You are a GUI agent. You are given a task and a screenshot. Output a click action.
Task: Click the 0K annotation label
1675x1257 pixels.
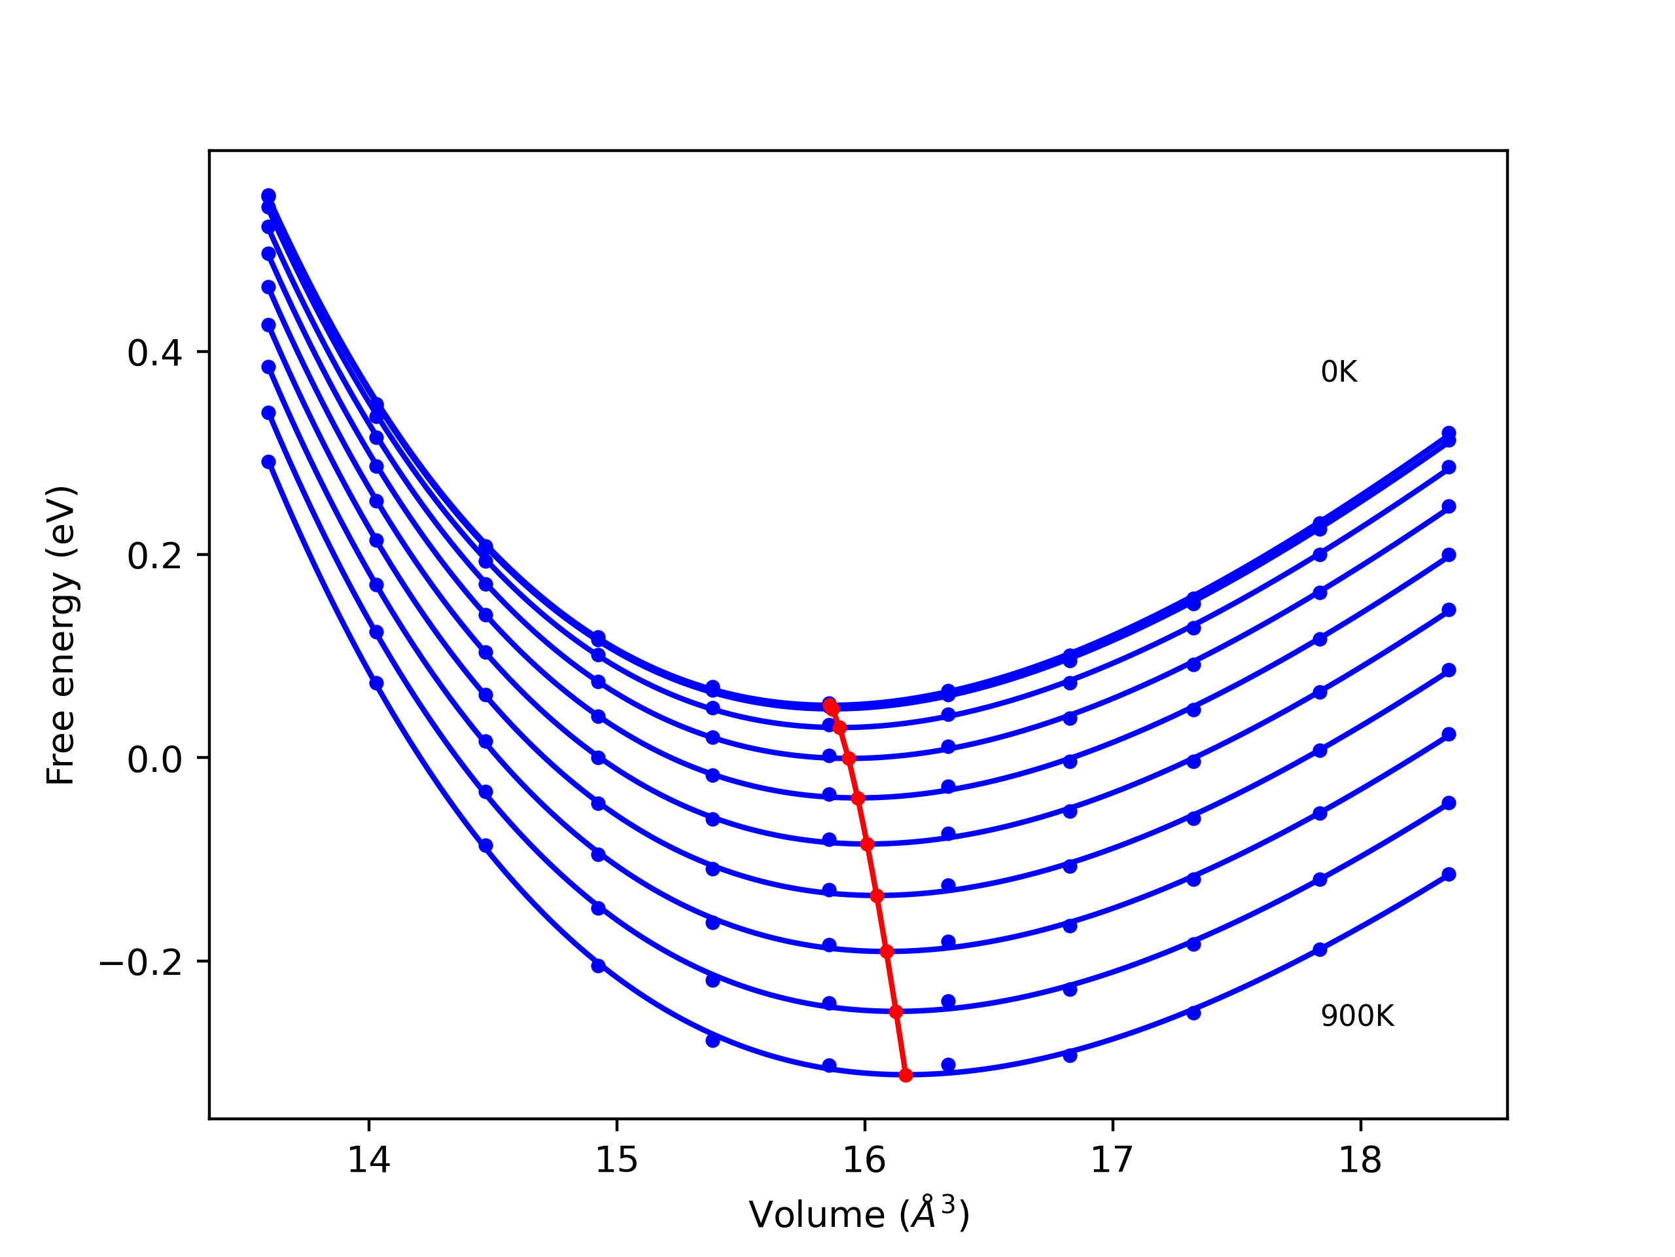[1339, 372]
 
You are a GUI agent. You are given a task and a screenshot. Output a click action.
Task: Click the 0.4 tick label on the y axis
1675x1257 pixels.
[154, 354]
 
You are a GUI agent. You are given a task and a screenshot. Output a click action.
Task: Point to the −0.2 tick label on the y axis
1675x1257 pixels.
[141, 963]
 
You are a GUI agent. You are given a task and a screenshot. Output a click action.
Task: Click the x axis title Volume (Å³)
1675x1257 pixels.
[858, 1214]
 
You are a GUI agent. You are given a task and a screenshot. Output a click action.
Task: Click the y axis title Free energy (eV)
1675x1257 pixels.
[61, 635]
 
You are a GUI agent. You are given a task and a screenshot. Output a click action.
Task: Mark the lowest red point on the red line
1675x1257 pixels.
[906, 1075]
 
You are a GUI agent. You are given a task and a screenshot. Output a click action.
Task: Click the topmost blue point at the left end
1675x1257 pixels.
[269, 196]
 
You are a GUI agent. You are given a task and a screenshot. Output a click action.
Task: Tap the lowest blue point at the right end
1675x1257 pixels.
[1449, 875]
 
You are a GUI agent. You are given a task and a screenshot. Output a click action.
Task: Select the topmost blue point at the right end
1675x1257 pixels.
[1449, 433]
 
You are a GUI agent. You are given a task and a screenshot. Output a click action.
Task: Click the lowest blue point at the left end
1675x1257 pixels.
[269, 462]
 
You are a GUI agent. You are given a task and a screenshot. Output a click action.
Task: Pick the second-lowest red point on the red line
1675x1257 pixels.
[896, 1011]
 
